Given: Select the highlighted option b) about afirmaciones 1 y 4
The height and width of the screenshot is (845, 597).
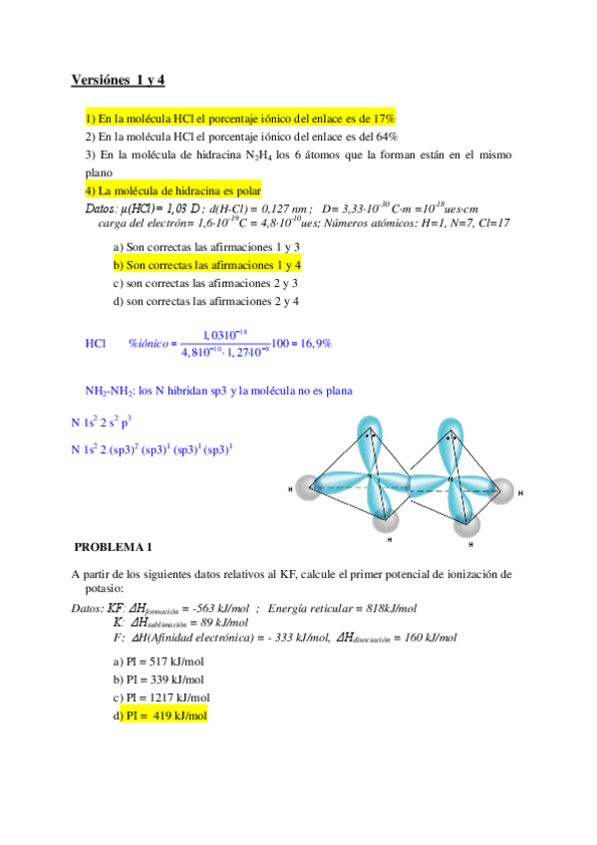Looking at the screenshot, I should (x=207, y=265).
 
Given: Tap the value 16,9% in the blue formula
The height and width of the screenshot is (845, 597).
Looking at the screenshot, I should (x=315, y=343).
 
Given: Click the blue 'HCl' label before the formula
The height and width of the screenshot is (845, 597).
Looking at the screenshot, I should (x=96, y=343).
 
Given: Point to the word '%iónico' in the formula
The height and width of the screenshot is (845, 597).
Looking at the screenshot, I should (x=149, y=343).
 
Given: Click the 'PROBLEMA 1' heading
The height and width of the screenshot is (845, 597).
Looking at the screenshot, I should (x=114, y=546).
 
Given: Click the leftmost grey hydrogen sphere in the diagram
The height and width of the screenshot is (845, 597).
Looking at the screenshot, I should (x=302, y=488).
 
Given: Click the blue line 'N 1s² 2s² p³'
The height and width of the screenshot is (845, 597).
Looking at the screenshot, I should (x=102, y=422).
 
